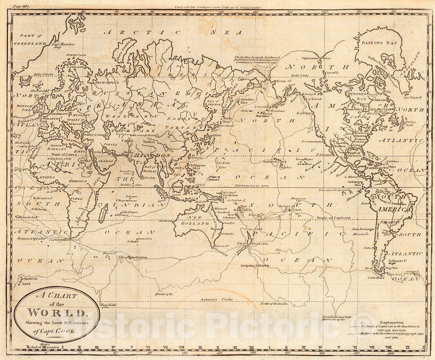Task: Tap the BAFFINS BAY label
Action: coord(379,43)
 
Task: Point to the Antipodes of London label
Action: coord(255,265)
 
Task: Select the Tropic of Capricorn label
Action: coord(333,218)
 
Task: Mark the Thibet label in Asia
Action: coord(149,142)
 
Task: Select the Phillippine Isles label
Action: coord(196,166)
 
